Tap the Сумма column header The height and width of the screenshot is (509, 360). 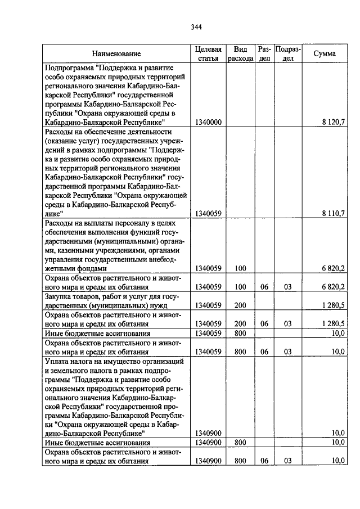click(x=325, y=54)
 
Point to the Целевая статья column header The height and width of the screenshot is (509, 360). click(x=209, y=54)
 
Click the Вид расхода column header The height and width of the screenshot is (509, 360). click(x=240, y=54)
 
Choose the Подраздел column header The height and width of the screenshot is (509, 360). click(x=288, y=54)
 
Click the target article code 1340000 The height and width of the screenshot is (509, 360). click(x=208, y=121)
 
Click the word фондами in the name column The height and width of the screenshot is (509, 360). click(x=74, y=269)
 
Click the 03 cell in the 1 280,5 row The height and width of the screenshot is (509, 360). click(x=288, y=324)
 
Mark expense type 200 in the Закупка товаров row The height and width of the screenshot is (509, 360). click(x=240, y=305)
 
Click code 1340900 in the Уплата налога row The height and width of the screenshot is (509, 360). click(x=208, y=434)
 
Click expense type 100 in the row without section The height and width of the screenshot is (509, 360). click(x=240, y=269)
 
